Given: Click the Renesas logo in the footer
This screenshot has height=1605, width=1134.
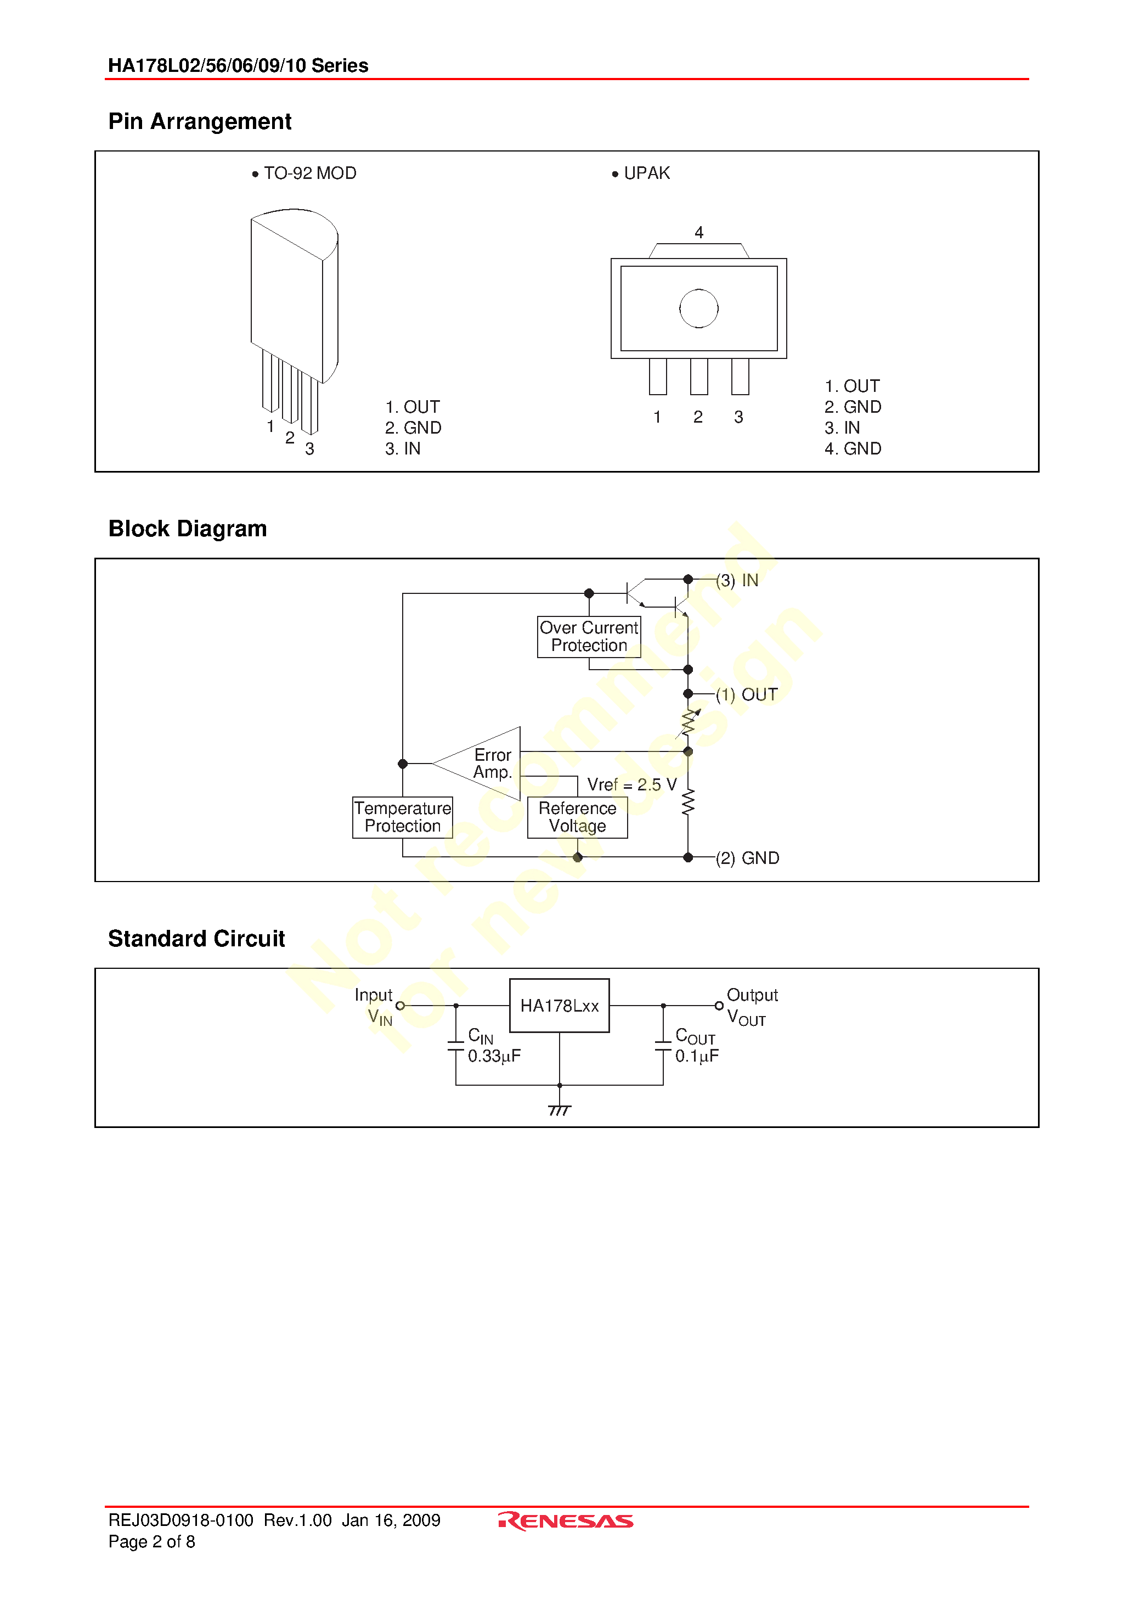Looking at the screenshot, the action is [566, 1521].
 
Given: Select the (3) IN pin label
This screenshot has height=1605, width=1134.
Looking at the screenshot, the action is [737, 580].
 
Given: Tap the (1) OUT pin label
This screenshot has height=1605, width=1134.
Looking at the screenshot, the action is [747, 695].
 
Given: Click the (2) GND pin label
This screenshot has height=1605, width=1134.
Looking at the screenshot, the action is [748, 858].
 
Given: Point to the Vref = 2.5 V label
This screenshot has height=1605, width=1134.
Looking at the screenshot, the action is [631, 784].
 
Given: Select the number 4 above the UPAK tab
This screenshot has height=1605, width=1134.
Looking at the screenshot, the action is [699, 232].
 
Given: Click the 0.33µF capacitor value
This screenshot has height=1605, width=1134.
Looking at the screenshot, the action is [494, 1056].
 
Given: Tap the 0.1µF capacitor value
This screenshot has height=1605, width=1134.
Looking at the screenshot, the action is [697, 1056].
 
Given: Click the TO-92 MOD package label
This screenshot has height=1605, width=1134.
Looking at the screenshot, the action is [310, 173].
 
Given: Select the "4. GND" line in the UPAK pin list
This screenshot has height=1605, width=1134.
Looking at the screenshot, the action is [853, 449].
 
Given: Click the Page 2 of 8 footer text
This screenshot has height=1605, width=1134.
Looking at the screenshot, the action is [151, 1541].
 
